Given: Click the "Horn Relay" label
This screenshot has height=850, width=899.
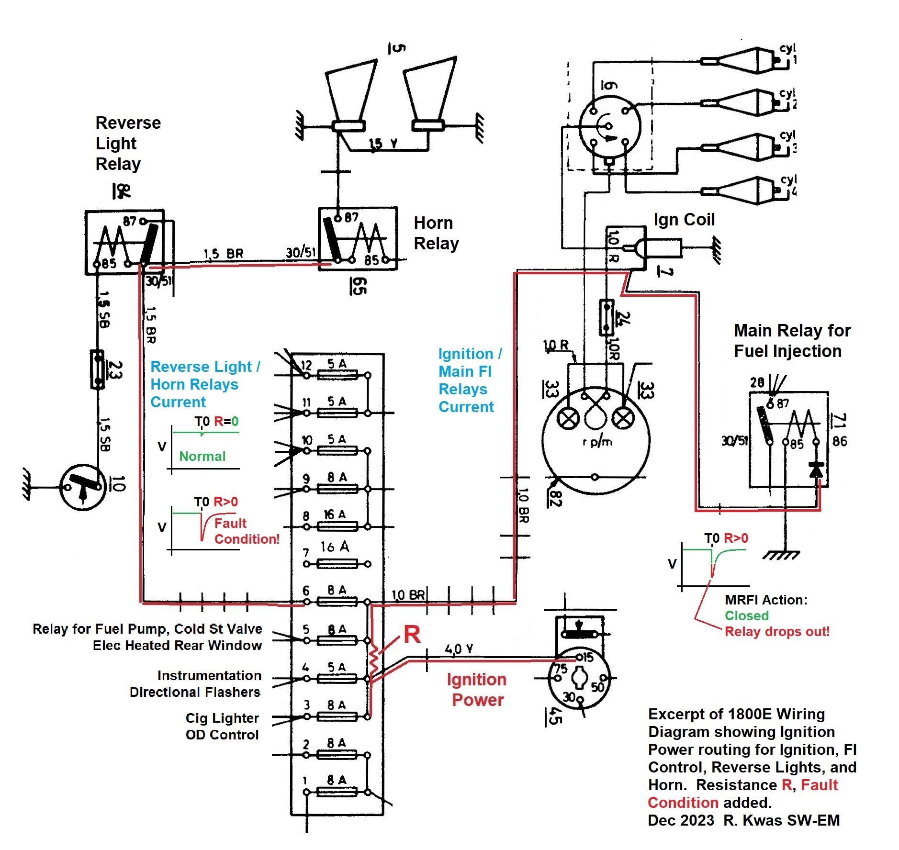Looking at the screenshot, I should click(x=436, y=233).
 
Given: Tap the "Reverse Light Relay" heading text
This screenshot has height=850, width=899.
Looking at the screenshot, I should click(x=128, y=143).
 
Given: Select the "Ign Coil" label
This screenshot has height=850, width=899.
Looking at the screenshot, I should click(x=684, y=220).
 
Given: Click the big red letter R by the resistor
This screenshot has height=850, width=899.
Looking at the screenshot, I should click(x=412, y=635).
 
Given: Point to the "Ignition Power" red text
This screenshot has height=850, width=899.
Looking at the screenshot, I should click(x=477, y=690).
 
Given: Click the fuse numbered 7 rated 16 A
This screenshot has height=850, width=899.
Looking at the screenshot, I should click(x=337, y=564).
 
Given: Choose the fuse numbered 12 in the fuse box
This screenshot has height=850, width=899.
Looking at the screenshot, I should click(x=337, y=375).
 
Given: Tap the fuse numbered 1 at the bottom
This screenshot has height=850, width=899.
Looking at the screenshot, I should click(x=337, y=792).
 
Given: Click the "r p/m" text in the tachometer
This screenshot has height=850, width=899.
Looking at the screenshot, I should click(x=597, y=441).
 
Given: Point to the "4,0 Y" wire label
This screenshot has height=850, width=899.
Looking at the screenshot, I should click(x=459, y=649).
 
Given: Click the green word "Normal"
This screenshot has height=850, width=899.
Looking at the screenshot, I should click(x=202, y=456).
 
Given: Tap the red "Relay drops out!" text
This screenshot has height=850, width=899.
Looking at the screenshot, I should click(x=776, y=631).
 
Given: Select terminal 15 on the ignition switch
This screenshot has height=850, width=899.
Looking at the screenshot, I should click(x=579, y=657).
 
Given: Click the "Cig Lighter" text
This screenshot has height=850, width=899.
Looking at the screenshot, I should click(x=222, y=718).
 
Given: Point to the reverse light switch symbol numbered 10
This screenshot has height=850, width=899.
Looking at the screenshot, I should click(x=83, y=487).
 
